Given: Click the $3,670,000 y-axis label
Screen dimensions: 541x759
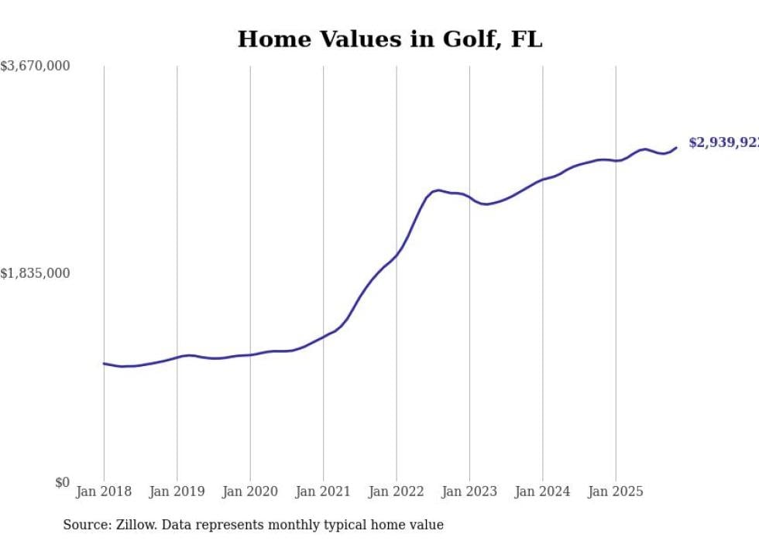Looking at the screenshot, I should tap(35, 67).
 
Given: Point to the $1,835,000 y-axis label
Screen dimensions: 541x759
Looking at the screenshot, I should tap(35, 273).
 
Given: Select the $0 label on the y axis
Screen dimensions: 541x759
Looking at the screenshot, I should tap(62, 482).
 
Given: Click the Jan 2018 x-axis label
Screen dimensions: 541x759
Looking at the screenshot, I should tap(104, 491).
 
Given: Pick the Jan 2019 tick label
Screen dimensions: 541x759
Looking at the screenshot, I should tap(177, 491).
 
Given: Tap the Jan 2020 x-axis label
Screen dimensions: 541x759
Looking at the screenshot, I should tap(250, 491).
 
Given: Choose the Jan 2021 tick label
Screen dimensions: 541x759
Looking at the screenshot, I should tap(323, 491).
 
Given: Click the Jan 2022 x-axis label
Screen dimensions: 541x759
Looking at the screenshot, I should tap(397, 491).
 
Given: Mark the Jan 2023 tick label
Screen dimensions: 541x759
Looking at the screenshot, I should tap(469, 491).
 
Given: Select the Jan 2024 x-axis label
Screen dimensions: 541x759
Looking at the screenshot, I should tap(542, 491).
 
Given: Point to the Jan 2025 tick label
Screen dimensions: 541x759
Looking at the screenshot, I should tap(616, 491).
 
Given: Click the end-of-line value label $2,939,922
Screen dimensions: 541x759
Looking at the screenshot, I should tap(723, 143).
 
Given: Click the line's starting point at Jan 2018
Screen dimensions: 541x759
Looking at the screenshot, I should tap(104, 363).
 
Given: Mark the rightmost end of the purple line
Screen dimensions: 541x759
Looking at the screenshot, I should tap(676, 148).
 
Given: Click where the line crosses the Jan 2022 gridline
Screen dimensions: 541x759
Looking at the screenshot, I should tap(397, 255).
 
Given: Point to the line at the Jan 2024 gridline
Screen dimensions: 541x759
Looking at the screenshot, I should tap(542, 180).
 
